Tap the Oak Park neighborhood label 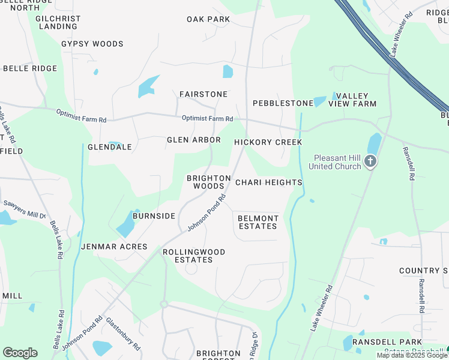(x=208, y=19)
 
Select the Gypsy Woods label (x=92, y=44)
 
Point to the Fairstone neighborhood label (x=203, y=94)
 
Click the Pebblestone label (x=283, y=103)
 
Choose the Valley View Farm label (x=356, y=100)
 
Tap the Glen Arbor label (x=194, y=140)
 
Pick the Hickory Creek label (x=268, y=142)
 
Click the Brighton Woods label (x=209, y=182)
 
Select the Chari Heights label (x=268, y=182)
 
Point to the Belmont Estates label (x=258, y=222)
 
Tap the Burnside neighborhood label (x=154, y=216)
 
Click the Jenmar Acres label (x=114, y=247)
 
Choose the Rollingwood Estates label (x=194, y=256)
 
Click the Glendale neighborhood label (x=110, y=147)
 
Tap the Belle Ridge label (x=30, y=68)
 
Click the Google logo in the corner (x=20, y=353)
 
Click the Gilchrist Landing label (x=58, y=23)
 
